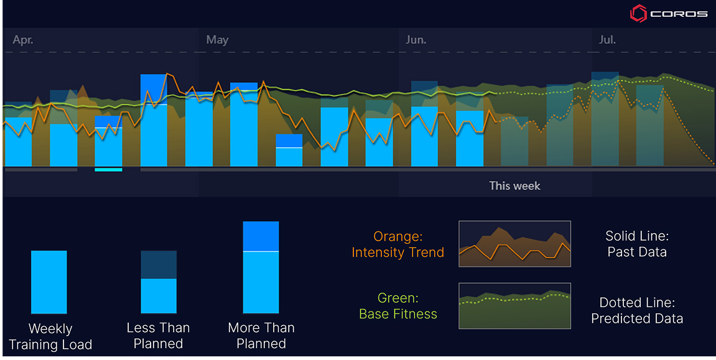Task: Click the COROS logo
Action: (x=669, y=13)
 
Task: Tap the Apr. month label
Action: (x=23, y=40)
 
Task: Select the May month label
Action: (x=217, y=40)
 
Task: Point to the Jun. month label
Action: (x=416, y=40)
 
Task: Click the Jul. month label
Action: (x=607, y=40)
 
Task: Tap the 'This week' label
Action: (x=514, y=186)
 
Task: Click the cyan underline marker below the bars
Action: (x=108, y=169)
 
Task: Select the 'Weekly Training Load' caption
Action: (x=50, y=336)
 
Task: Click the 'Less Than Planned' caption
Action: (x=158, y=336)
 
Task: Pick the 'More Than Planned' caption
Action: (x=261, y=336)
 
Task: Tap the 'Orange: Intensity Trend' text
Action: (x=398, y=244)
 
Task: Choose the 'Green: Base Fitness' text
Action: (x=398, y=306)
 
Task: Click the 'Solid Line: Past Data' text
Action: (x=636, y=244)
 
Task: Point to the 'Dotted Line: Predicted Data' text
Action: (x=637, y=310)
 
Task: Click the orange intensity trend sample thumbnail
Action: (x=514, y=244)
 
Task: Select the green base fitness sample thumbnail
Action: (x=514, y=305)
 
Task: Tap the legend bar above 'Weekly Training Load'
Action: (x=49, y=282)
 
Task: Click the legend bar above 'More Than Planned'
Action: (x=261, y=267)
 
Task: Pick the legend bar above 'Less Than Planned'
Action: (x=159, y=282)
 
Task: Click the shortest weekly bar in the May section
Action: (x=289, y=150)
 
